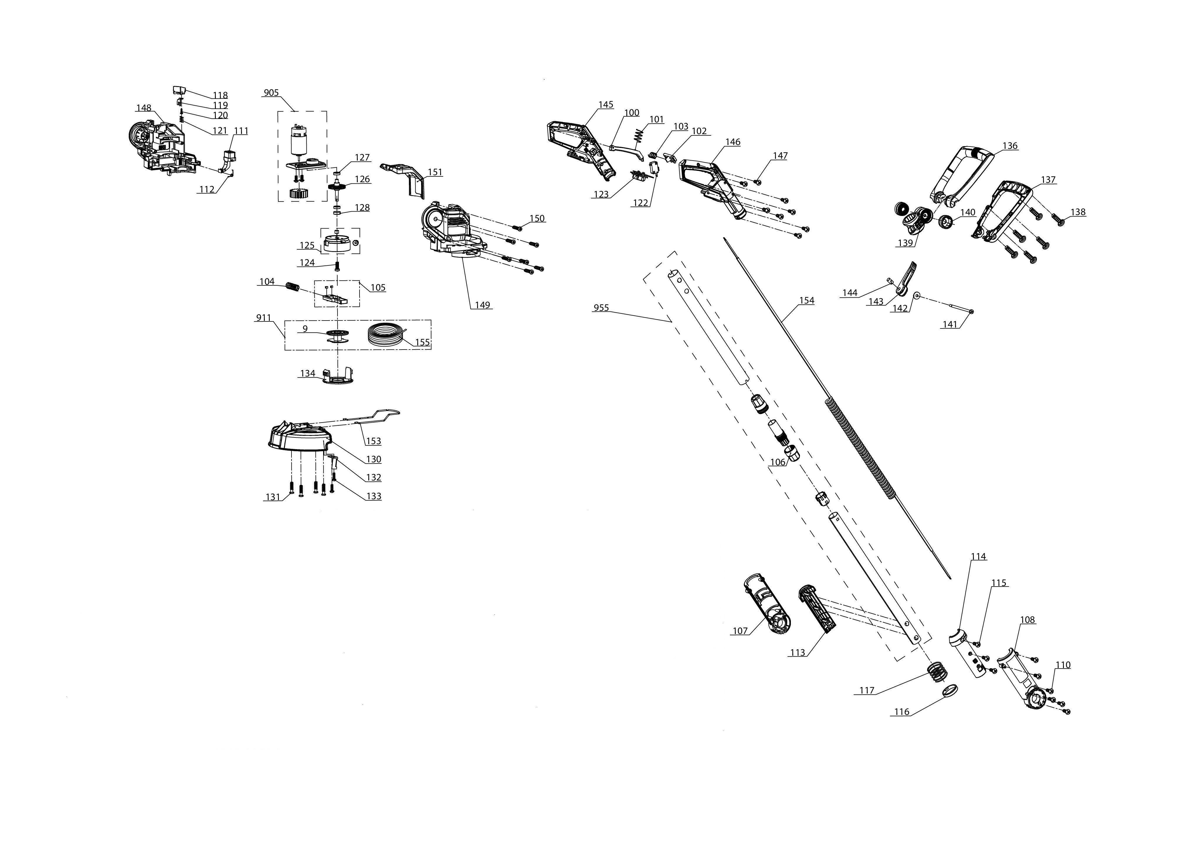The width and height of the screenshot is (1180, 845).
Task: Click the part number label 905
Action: pyautogui.click(x=271, y=93)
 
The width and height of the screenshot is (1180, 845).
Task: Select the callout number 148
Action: pyautogui.click(x=144, y=108)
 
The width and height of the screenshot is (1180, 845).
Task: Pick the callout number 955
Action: pyautogui.click(x=601, y=308)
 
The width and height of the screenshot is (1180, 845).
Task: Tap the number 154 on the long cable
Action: pyautogui.click(x=806, y=301)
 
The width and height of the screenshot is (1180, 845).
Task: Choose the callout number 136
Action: pyautogui.click(x=1010, y=146)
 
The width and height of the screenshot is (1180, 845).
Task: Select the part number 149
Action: pyautogui.click(x=482, y=305)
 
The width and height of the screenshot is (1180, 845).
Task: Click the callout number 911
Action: pyautogui.click(x=264, y=318)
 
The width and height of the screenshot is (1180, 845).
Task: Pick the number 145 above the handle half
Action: pyautogui.click(x=606, y=105)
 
